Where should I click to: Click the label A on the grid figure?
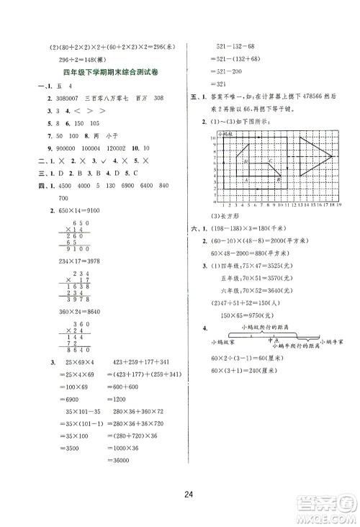[248, 179]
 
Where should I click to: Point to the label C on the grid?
[268, 161]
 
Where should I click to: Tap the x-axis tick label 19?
[338, 205]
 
